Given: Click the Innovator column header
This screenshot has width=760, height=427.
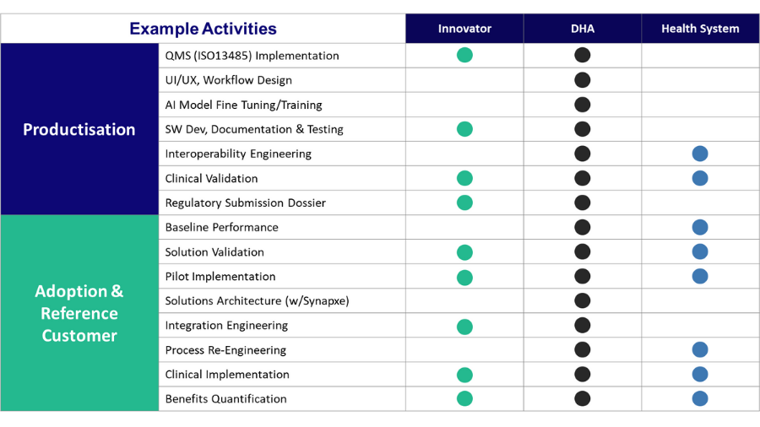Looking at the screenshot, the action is pyautogui.click(x=464, y=29).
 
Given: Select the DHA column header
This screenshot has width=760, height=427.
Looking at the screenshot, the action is pyautogui.click(x=582, y=29).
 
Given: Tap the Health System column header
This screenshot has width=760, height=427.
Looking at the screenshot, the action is pyautogui.click(x=700, y=29).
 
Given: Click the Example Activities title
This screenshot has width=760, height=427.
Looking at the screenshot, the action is pyautogui.click(x=203, y=29).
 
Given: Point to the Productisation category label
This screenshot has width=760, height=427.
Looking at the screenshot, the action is pyautogui.click(x=79, y=129).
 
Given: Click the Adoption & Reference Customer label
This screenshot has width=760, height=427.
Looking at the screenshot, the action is pyautogui.click(x=79, y=313).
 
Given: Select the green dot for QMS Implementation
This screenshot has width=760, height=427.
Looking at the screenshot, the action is pyautogui.click(x=464, y=55).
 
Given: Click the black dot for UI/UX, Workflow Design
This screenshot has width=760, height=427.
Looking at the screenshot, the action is pyautogui.click(x=582, y=80).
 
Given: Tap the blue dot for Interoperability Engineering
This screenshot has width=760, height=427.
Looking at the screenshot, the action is pyautogui.click(x=700, y=154).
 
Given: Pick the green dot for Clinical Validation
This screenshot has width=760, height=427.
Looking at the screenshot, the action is pyautogui.click(x=464, y=178).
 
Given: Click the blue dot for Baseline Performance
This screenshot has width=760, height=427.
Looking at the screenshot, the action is pyautogui.click(x=700, y=227).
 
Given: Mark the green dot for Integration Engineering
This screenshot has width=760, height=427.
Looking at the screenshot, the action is pyautogui.click(x=464, y=327).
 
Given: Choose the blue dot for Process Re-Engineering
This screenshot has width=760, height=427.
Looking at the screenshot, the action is pyautogui.click(x=700, y=349).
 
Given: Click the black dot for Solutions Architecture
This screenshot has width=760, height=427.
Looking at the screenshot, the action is pyautogui.click(x=582, y=300).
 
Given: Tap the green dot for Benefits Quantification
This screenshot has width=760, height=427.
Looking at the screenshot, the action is pyautogui.click(x=464, y=398).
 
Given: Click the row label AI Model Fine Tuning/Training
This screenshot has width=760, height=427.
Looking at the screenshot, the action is pyautogui.click(x=243, y=105).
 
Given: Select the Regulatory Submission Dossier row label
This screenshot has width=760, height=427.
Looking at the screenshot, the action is pyautogui.click(x=245, y=203).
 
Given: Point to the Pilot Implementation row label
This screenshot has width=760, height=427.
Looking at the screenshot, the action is pyautogui.click(x=220, y=277).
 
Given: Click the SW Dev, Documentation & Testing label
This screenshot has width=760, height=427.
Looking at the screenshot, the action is pyautogui.click(x=254, y=129).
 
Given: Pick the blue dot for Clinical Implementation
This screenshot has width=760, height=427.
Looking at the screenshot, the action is pyautogui.click(x=700, y=374).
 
